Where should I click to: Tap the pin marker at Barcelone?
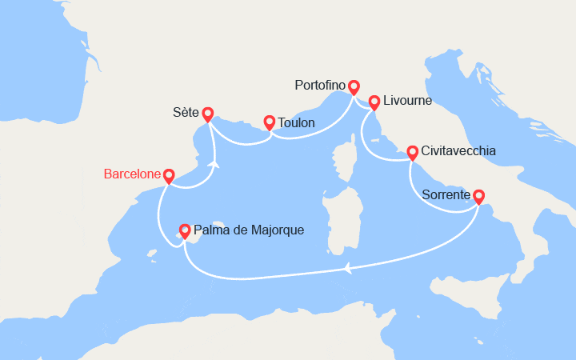169,176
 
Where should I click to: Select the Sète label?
185,114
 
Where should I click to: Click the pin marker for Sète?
207,114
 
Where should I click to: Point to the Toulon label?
296,123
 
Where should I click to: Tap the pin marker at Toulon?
270,122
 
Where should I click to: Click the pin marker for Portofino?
354,86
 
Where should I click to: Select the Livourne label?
408,101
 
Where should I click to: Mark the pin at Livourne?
374,102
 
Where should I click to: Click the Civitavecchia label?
458,150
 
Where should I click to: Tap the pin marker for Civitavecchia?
412,152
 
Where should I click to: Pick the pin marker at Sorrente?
478,195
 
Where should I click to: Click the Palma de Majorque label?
249,230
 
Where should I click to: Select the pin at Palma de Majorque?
185,230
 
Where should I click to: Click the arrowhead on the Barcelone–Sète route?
214,163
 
